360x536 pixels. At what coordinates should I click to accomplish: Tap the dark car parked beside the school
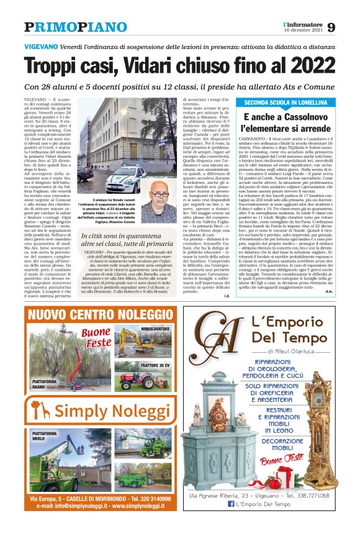[x=86, y=174]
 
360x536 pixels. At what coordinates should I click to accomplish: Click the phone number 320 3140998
[x=158, y=499]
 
